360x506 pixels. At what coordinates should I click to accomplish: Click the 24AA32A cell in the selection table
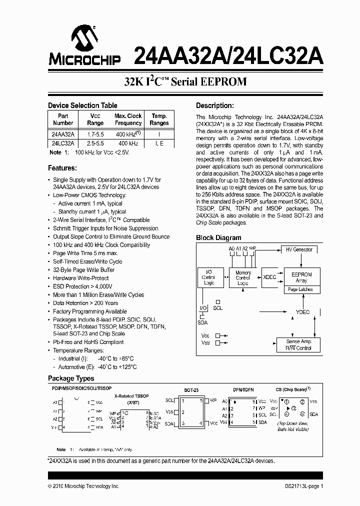click(63, 134)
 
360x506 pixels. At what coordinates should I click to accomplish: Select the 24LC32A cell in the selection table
click(63, 143)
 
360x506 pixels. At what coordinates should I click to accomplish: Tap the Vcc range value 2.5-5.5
click(95, 143)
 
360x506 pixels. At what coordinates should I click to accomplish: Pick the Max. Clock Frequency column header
click(128, 119)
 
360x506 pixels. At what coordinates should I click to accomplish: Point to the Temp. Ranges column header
click(159, 119)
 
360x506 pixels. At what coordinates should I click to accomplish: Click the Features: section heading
click(62, 168)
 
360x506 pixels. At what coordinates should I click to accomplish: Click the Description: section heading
click(214, 105)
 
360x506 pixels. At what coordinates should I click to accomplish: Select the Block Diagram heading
click(218, 238)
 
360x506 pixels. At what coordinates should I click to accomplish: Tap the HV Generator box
click(298, 249)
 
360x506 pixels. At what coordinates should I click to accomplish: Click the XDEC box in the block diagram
click(269, 276)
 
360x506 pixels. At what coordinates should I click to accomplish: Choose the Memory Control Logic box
click(243, 278)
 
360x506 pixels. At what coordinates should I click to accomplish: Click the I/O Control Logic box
click(208, 278)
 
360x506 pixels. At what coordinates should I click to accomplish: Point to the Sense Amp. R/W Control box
click(298, 344)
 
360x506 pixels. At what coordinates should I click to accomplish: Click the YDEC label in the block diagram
click(302, 312)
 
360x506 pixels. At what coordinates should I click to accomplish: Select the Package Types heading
click(71, 378)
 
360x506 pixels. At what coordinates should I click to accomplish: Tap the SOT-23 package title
click(191, 390)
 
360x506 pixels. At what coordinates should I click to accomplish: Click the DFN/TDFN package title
click(243, 390)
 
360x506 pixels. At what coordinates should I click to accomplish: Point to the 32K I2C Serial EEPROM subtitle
click(185, 82)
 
